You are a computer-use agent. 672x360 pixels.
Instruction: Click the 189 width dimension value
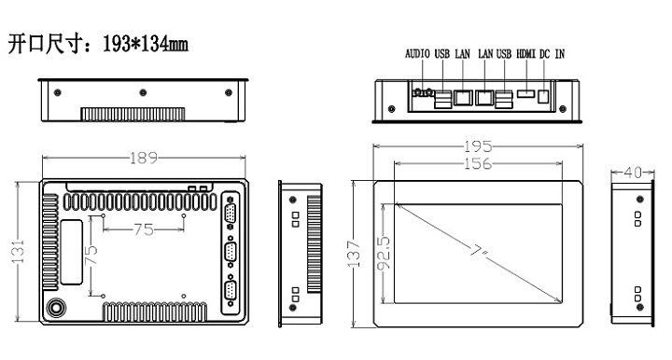144,158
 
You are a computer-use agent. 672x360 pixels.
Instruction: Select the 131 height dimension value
18,252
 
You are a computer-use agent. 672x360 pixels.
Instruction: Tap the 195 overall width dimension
478,146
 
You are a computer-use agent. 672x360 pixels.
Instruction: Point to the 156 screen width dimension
478,163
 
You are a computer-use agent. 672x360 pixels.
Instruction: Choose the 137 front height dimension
354,255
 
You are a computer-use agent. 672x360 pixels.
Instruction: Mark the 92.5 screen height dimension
384,254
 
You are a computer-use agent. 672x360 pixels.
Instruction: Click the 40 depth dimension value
633,173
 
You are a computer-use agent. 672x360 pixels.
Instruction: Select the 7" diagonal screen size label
479,251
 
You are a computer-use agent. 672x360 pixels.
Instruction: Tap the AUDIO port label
417,54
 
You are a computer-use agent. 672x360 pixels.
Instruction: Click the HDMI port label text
525,54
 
